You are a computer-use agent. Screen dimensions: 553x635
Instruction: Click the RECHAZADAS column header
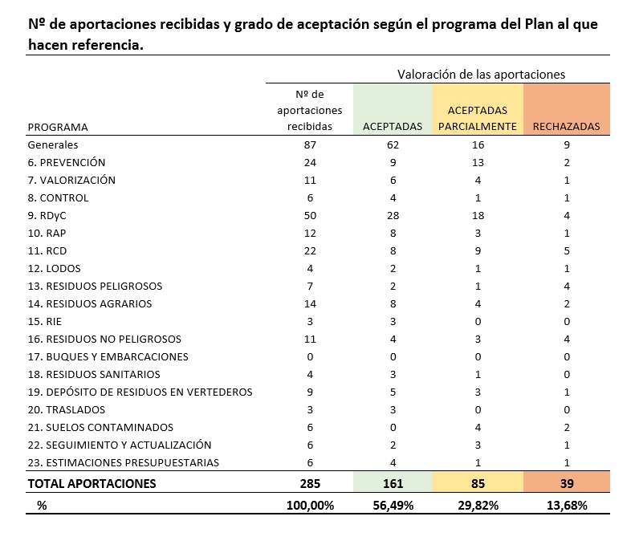click(x=566, y=127)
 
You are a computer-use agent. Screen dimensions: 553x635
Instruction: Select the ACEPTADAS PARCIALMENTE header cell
click(x=477, y=118)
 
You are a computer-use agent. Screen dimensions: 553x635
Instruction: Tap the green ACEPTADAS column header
click(x=393, y=127)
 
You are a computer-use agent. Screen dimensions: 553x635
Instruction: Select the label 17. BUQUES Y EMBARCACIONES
click(x=108, y=356)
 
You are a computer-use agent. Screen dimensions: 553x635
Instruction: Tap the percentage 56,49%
click(x=393, y=505)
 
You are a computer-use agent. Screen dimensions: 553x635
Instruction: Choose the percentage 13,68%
click(x=566, y=505)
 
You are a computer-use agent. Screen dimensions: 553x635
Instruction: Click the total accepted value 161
click(x=393, y=483)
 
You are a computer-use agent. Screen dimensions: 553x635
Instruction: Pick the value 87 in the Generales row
click(x=309, y=145)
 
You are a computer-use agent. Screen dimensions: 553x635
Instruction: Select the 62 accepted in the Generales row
click(x=393, y=145)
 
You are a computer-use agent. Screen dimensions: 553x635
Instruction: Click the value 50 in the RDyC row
click(x=309, y=215)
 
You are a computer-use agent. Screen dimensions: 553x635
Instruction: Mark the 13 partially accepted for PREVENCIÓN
click(x=477, y=162)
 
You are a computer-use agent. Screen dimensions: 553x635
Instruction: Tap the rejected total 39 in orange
click(x=566, y=483)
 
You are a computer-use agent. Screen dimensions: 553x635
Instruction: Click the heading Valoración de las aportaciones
click(x=481, y=74)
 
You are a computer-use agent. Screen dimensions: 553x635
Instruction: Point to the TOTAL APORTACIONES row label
click(x=92, y=483)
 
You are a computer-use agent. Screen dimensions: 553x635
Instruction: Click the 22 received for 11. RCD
click(x=309, y=250)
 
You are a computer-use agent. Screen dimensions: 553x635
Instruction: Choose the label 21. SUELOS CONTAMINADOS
click(x=100, y=427)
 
